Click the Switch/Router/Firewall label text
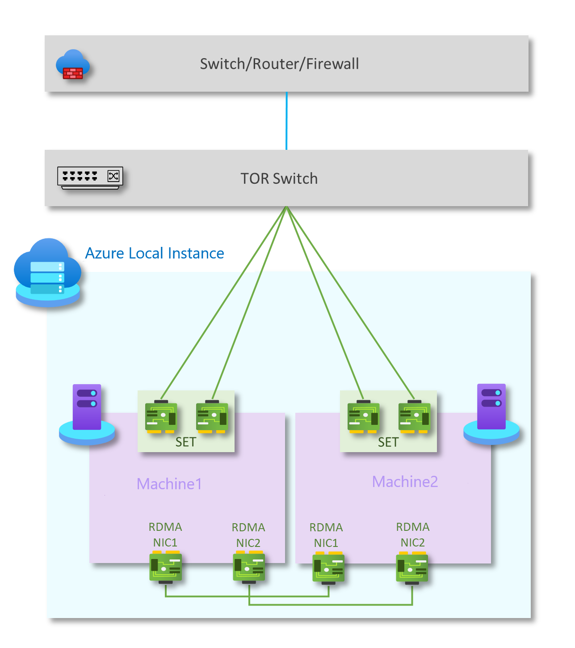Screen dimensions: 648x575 click(279, 64)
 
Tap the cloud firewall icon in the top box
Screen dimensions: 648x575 click(73, 65)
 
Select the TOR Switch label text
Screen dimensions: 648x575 click(279, 178)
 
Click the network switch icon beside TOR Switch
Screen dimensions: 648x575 click(90, 178)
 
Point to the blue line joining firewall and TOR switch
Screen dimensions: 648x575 click(286, 121)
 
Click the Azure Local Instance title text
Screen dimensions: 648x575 click(155, 253)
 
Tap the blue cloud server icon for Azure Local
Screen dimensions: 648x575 click(48, 273)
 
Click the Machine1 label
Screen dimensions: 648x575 click(169, 484)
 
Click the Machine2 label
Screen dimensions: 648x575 click(405, 482)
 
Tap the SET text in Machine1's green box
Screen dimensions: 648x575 click(186, 442)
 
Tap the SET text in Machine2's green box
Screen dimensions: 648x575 click(388, 442)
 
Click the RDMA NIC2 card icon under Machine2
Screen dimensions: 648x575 click(412, 568)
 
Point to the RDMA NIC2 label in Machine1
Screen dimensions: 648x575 click(248, 535)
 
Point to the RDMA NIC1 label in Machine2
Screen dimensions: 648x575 click(326, 535)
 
